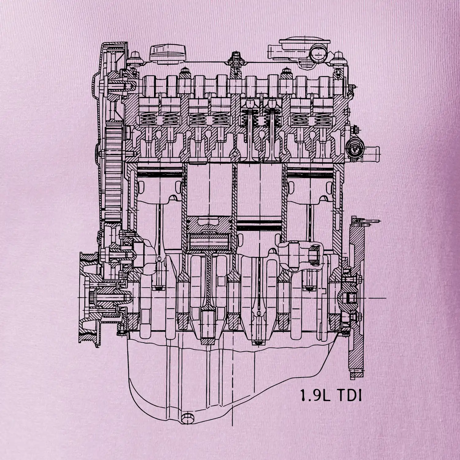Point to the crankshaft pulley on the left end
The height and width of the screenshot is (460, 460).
coord(89,297)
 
